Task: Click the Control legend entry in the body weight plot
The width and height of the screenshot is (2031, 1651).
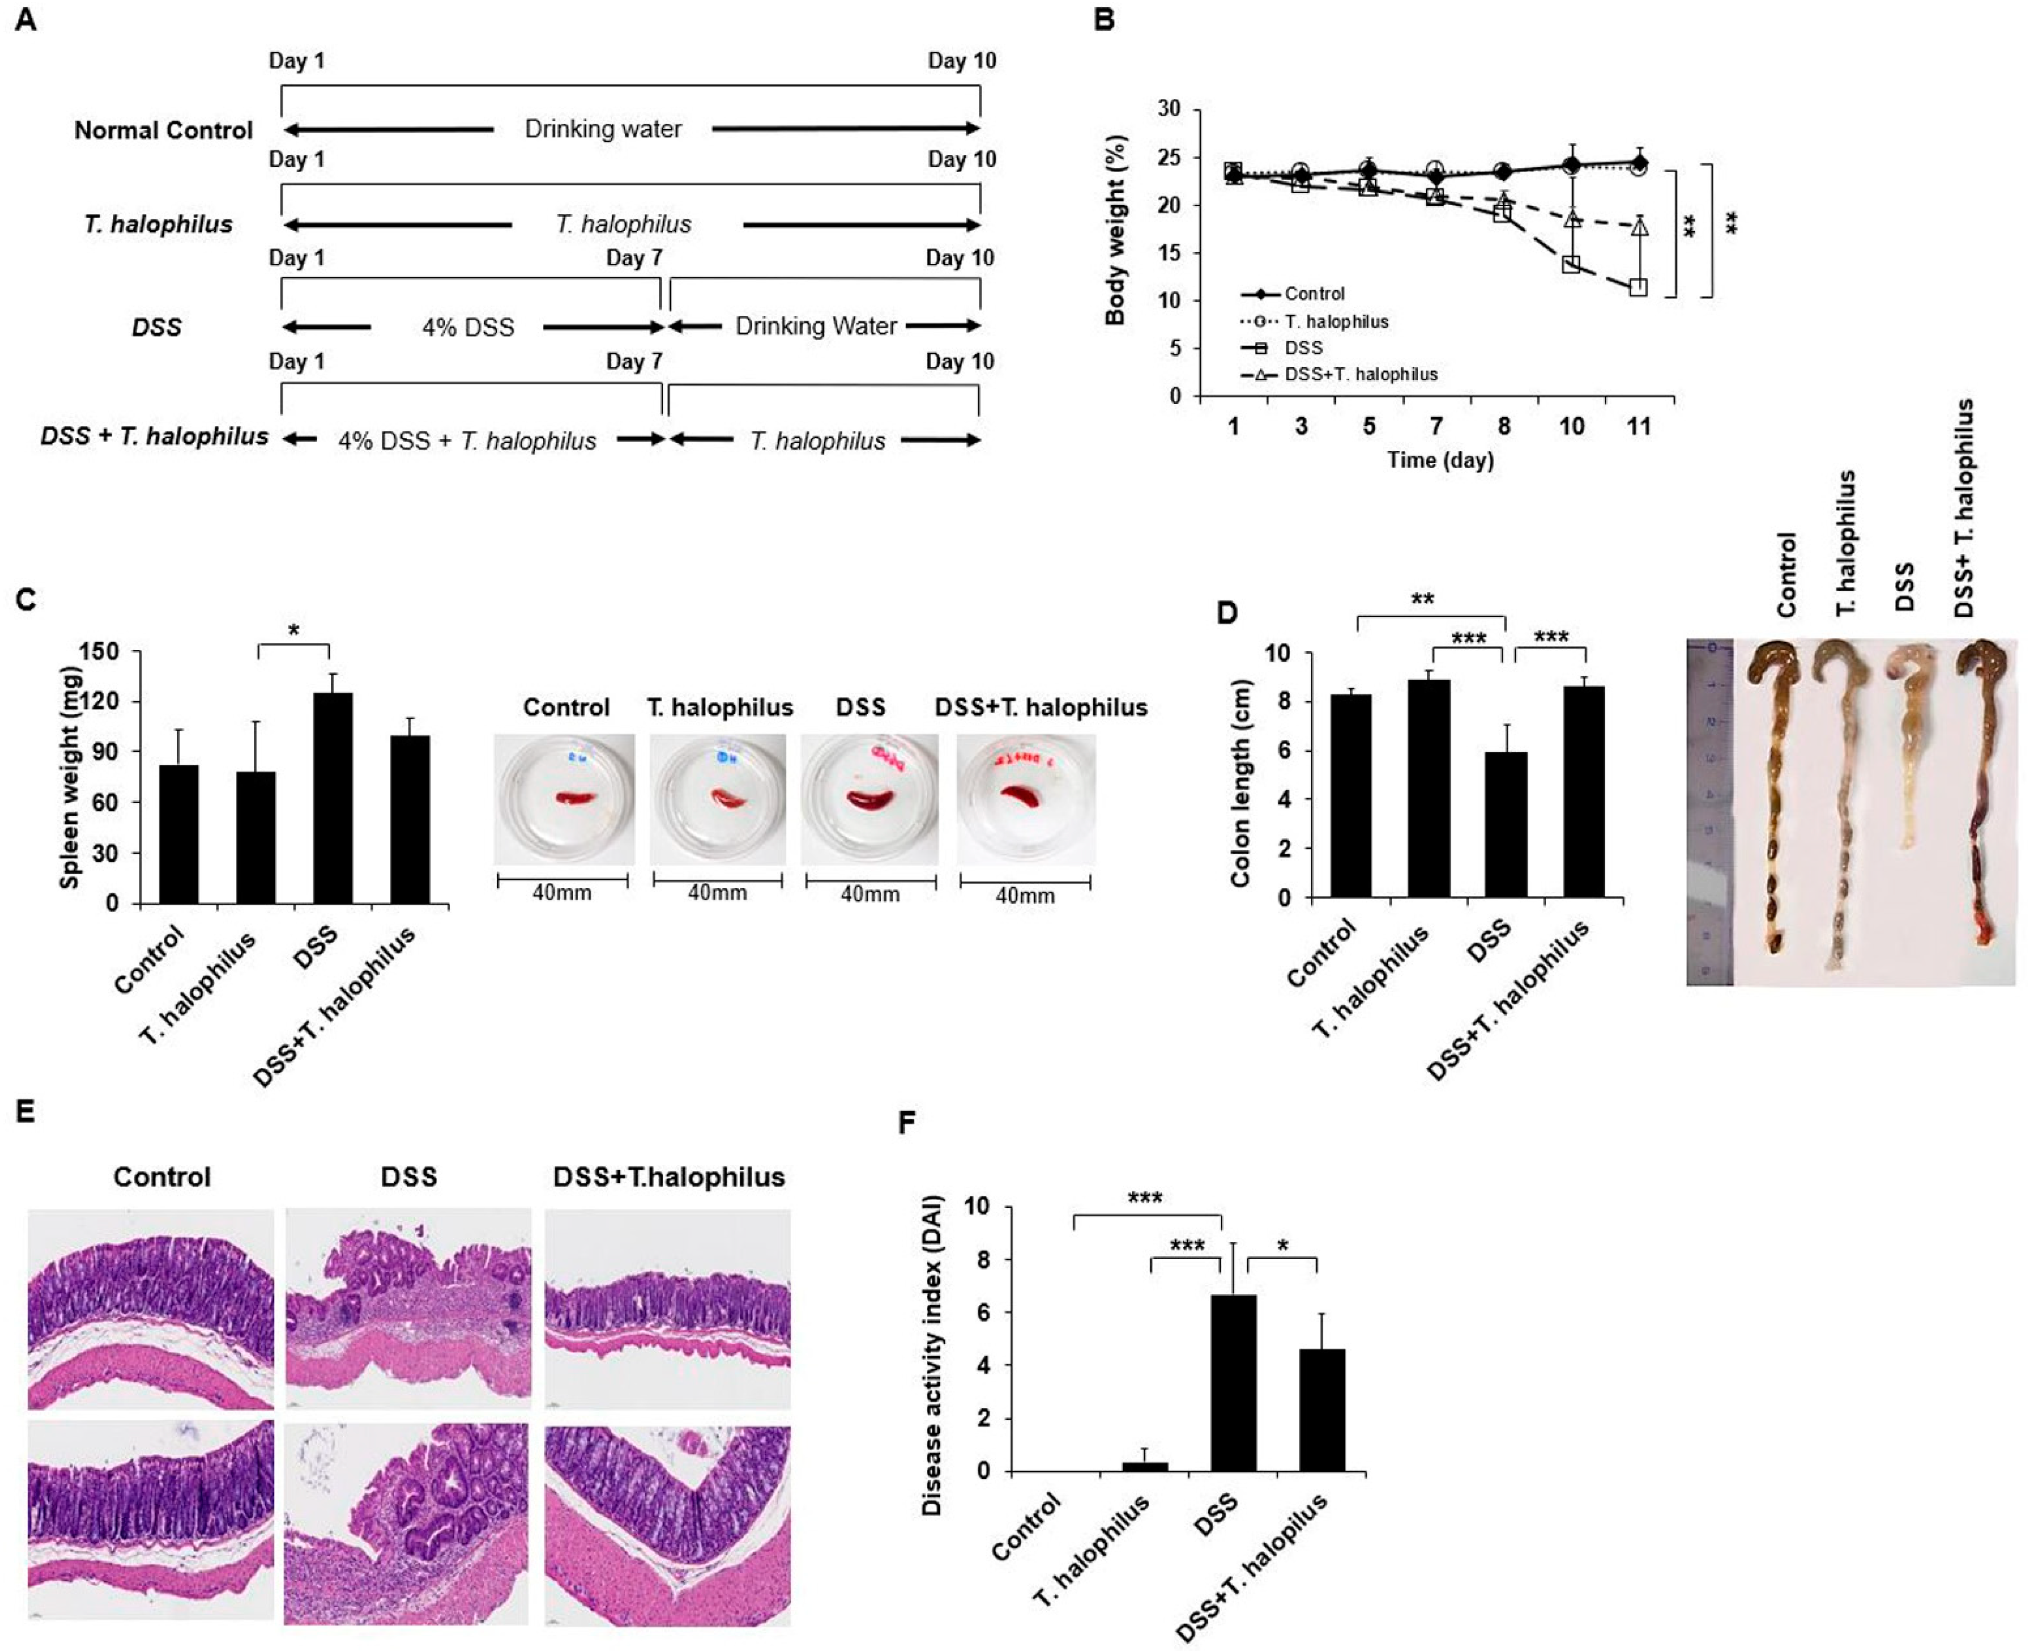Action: pos(1314,294)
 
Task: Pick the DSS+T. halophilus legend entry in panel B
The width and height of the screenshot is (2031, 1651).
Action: pos(1360,375)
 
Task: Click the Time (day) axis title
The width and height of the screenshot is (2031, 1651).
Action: pos(1439,460)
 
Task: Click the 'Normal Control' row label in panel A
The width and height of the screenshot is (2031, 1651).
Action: pos(163,130)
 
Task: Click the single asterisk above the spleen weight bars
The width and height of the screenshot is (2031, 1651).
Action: pos(294,631)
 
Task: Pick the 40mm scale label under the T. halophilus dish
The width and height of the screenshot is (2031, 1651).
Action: pos(717,893)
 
